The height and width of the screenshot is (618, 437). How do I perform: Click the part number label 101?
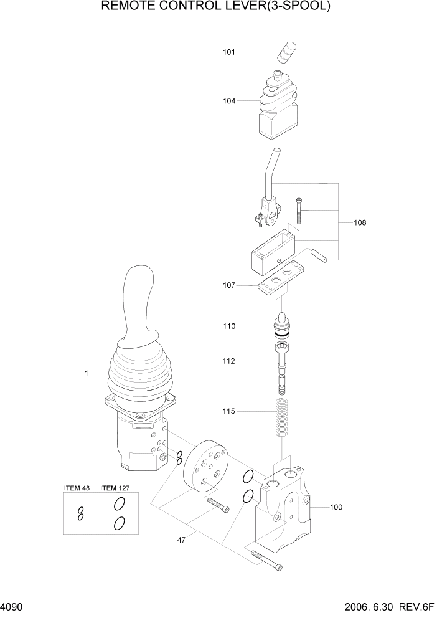(x=229, y=52)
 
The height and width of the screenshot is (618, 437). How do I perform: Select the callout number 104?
(x=229, y=100)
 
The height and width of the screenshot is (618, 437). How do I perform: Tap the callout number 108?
(x=360, y=222)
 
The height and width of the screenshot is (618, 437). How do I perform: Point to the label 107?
(x=229, y=286)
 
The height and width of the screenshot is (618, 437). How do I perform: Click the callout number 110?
(x=229, y=326)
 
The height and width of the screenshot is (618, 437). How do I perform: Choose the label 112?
(x=229, y=361)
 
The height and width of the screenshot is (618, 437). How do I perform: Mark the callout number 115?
(x=229, y=411)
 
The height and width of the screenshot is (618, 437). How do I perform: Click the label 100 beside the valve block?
(x=336, y=507)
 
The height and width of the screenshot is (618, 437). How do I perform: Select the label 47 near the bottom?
(x=181, y=540)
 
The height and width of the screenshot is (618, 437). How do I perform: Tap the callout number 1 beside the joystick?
(x=87, y=373)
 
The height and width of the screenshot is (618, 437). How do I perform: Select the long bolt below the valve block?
(x=266, y=559)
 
